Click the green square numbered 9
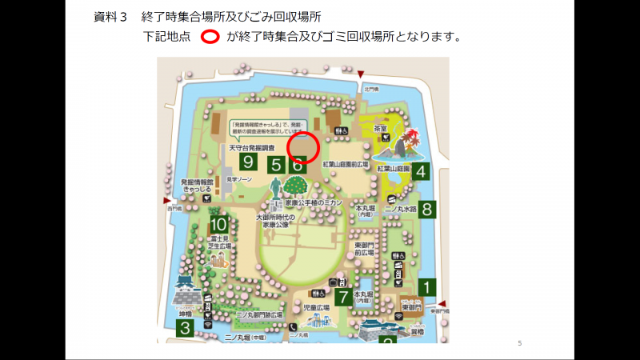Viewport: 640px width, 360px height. click(248, 162)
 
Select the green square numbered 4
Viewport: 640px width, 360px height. click(421, 170)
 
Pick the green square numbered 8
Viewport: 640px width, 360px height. click(428, 210)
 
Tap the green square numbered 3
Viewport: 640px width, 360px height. click(185, 327)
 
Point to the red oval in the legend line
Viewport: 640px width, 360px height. click(210, 37)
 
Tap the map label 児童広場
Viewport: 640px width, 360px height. click(317, 307)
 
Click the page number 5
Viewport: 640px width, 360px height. click(520, 343)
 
